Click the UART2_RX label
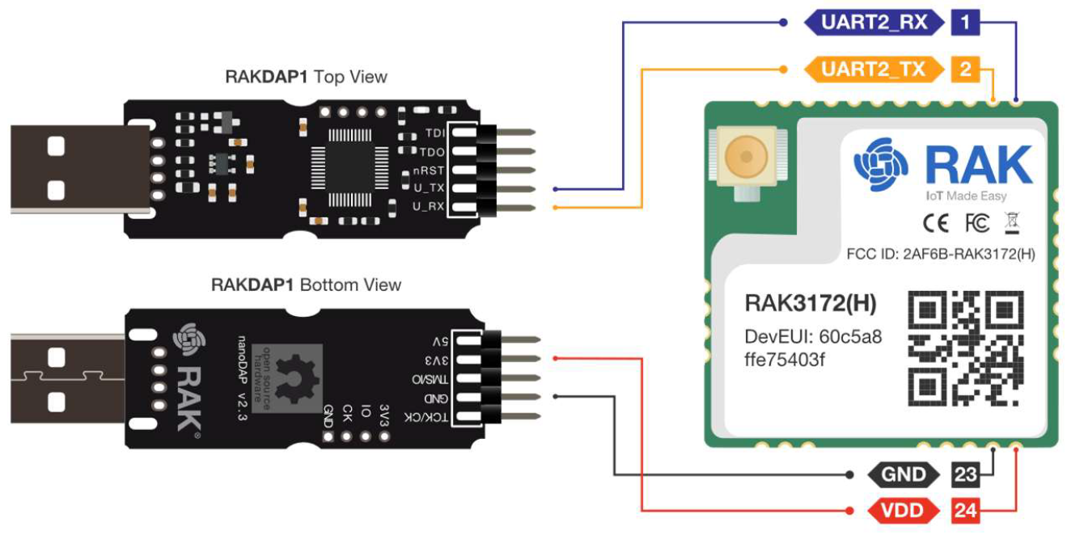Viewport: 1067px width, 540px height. pyautogui.click(x=874, y=23)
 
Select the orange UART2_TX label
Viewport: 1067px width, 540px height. pyautogui.click(x=874, y=69)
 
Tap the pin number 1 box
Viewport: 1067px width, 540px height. pyautogui.click(x=966, y=23)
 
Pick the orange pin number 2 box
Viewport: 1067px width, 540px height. pyautogui.click(x=966, y=69)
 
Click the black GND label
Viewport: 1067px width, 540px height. pyautogui.click(x=903, y=475)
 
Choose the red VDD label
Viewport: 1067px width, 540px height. pyautogui.click(x=903, y=511)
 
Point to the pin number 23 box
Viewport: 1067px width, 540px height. pyautogui.click(x=965, y=475)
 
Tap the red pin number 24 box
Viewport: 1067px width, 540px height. pyautogui.click(x=965, y=511)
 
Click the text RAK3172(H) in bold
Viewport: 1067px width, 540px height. pyautogui.click(x=810, y=304)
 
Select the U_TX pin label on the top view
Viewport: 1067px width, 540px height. pyautogui.click(x=429, y=188)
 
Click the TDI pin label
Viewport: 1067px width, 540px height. pyautogui.click(x=433, y=133)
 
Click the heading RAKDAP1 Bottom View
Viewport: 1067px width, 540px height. pyautogui.click(x=306, y=285)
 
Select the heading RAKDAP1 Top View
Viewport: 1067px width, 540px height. pyautogui.click(x=306, y=77)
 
